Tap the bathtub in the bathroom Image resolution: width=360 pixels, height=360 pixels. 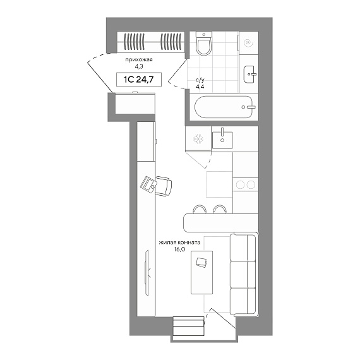pos(224,107)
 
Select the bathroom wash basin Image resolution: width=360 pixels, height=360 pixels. pos(249,75)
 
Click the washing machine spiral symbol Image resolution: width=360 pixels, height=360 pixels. pos(248,43)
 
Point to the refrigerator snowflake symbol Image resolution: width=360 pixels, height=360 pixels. pos(198,138)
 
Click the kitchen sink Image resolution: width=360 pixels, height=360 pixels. pos(222,140)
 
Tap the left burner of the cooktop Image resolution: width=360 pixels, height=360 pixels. pos(240,184)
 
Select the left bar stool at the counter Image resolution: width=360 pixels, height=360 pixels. pos(199,209)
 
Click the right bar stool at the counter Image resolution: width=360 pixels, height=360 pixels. pos(220,209)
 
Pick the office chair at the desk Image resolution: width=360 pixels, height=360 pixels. pos(164,186)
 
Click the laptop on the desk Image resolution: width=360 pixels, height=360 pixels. pos(148,184)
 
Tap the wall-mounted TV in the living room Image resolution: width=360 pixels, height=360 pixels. pos(147,273)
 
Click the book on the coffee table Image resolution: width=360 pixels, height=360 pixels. pos(202,263)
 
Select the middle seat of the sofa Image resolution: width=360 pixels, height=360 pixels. pos(243,274)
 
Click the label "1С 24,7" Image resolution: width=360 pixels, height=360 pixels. pos(139,80)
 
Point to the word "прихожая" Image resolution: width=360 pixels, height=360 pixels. pos(139,60)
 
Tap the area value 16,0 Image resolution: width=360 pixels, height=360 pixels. pos(179,249)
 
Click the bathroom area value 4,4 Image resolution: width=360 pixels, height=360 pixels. pos(200,87)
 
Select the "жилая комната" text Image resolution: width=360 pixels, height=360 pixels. pos(179,243)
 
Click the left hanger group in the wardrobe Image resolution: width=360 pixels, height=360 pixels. pos(135,42)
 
